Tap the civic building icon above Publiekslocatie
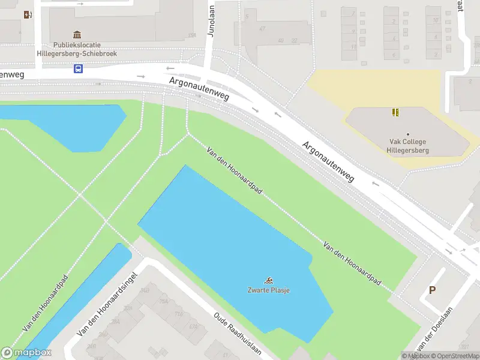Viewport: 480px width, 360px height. coord(77,35)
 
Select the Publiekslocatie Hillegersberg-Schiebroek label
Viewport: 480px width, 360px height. coord(85,49)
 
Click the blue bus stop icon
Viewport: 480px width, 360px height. coord(78,68)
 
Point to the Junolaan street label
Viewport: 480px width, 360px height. coord(211,22)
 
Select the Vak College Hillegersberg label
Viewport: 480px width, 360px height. coord(407,146)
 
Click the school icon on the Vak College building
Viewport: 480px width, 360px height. coord(395,112)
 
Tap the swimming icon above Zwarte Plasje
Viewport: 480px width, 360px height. coord(269,280)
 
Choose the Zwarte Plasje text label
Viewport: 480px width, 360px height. coord(269,290)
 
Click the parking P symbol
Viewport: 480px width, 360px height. coord(431,290)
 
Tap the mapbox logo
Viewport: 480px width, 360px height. coord(26,353)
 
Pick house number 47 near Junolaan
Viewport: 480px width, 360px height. coord(262,28)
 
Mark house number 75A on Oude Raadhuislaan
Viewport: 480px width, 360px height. coord(163,302)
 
